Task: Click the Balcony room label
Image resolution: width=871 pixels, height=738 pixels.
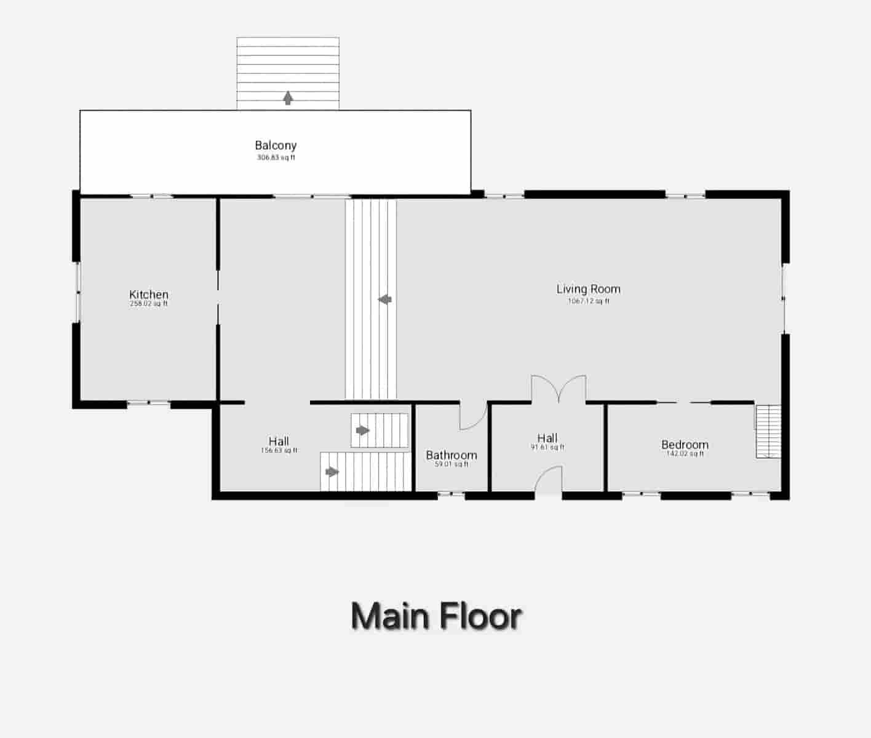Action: [x=276, y=146]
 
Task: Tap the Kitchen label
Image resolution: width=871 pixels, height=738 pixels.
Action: [x=149, y=295]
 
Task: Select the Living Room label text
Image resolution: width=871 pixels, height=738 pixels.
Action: [x=588, y=289]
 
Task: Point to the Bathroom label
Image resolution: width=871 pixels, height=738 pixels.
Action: [x=451, y=455]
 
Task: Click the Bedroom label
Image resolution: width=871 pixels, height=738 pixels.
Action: [x=685, y=445]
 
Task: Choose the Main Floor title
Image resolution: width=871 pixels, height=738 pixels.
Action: [x=436, y=616]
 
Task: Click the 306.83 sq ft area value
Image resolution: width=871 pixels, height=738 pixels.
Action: [x=276, y=157]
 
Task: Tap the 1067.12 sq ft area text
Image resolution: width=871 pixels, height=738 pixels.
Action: [x=589, y=301]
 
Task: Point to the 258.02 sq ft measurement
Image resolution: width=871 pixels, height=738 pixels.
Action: [x=149, y=304]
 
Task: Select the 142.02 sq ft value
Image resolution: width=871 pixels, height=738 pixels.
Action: [x=685, y=454]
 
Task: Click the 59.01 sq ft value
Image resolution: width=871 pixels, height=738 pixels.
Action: [x=451, y=464]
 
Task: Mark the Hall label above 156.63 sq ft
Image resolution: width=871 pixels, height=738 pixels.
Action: [x=279, y=441]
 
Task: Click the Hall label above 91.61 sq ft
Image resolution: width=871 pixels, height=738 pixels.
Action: [x=547, y=438]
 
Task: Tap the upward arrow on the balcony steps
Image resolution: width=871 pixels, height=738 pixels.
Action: [x=288, y=98]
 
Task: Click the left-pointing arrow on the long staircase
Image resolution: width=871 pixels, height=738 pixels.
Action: [x=385, y=300]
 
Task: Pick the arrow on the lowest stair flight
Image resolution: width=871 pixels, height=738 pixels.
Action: [x=332, y=472]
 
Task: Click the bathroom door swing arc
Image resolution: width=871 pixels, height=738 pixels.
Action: [x=472, y=418]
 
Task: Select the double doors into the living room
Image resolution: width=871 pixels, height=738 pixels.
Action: [x=559, y=389]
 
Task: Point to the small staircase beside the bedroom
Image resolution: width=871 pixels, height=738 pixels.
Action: [x=768, y=431]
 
